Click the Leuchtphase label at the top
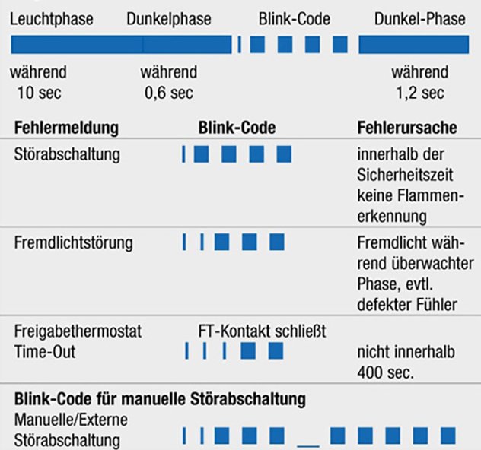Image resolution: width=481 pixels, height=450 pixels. tap(52, 20)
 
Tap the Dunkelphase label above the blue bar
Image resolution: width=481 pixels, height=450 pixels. tap(169, 19)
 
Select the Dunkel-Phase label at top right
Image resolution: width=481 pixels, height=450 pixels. tap(419, 19)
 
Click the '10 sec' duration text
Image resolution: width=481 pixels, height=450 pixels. tap(40, 93)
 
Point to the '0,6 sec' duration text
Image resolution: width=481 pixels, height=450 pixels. tap(169, 93)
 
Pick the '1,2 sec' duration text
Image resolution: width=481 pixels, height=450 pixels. tap(420, 93)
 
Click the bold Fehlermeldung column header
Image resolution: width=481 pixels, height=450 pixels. tap(66, 128)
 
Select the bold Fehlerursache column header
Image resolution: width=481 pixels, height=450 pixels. tap(407, 128)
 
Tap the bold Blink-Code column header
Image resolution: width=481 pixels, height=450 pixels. tap(237, 128)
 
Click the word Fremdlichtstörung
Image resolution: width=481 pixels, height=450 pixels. tap(74, 243)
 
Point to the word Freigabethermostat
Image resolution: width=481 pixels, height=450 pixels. tap(78, 331)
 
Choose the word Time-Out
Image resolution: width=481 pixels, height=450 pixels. tap(45, 352)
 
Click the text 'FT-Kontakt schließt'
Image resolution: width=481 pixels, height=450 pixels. tap(262, 331)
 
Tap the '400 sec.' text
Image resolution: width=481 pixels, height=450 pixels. tap(386, 372)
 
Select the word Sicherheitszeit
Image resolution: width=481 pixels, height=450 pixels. tap(405, 175)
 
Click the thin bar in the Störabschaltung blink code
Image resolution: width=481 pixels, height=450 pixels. tap(183, 154)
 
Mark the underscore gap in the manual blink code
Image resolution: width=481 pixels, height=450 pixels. tap(308, 445)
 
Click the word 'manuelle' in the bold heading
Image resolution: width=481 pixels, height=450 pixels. tap(153, 399)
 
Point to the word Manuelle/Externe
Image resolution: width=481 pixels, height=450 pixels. tap(71, 420)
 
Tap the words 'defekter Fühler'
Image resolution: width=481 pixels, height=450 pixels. tap(407, 305)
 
